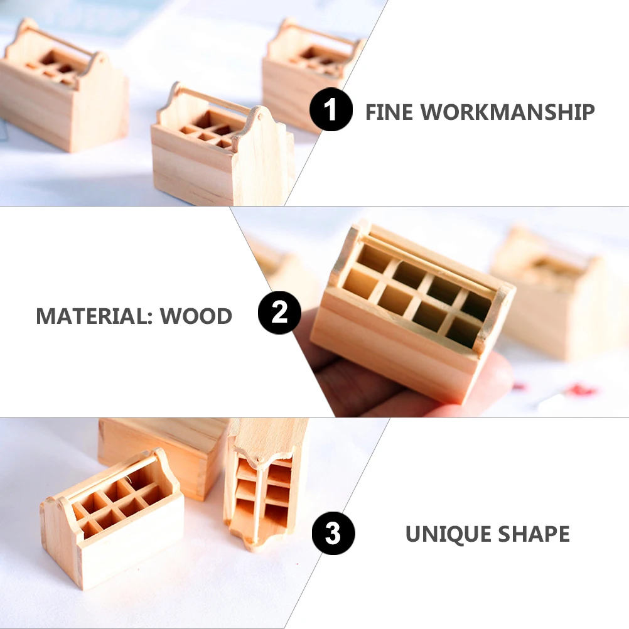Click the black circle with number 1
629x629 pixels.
click(x=331, y=109)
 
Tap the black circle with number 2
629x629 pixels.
click(x=279, y=313)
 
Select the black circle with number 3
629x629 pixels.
click(x=333, y=533)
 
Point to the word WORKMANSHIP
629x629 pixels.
click(x=507, y=112)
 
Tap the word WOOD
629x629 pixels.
click(x=196, y=316)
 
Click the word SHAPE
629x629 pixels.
click(x=534, y=534)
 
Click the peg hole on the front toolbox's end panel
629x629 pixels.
click(x=260, y=117)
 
